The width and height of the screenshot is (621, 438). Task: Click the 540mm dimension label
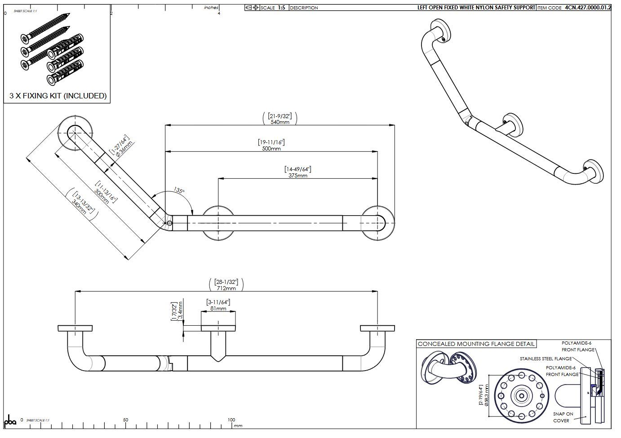279,122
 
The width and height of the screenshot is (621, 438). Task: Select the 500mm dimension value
271,148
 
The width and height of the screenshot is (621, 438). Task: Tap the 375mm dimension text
297,175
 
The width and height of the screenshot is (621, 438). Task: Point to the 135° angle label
179,191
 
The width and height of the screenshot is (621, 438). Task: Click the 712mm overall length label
226,288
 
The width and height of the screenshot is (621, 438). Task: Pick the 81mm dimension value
218,309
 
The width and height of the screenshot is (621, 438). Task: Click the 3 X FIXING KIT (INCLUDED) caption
58,96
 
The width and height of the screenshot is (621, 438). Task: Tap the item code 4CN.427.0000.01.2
588,8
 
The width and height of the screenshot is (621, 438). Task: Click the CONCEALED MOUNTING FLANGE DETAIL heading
476,344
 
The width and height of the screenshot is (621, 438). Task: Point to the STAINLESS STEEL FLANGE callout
546,359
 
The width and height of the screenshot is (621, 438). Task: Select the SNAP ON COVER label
563,417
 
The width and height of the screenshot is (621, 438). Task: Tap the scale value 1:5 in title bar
281,8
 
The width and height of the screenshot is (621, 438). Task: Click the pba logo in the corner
10,422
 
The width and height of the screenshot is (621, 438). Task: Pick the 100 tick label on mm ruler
231,420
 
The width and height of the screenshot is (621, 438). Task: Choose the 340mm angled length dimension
79,207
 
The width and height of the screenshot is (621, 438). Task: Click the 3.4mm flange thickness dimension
181,311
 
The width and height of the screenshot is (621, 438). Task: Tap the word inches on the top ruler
211,8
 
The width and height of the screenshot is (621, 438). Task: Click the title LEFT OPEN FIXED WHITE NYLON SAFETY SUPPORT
476,8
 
